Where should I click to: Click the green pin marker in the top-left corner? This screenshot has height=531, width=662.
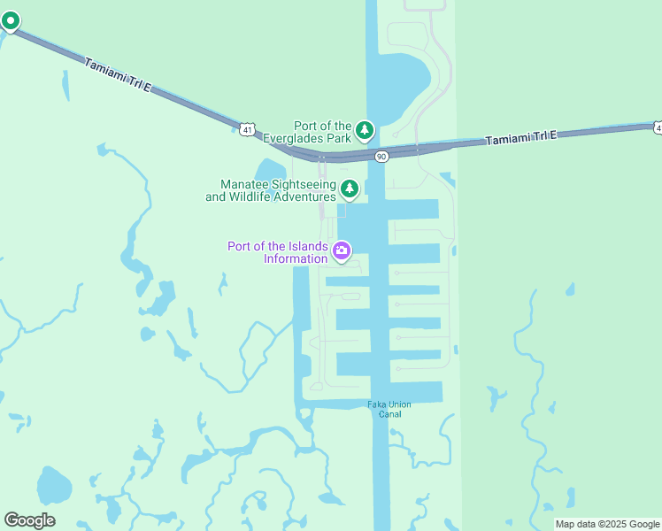pyautogui.click(x=10, y=21)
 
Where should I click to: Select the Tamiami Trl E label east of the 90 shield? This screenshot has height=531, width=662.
pyautogui.click(x=520, y=137)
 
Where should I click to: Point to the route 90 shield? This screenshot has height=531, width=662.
pyautogui.click(x=381, y=157)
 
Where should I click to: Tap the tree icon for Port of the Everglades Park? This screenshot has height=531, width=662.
pyautogui.click(x=365, y=132)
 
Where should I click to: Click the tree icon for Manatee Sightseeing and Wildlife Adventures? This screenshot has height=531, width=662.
pyautogui.click(x=350, y=189)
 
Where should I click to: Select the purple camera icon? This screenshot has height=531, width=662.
pyautogui.click(x=341, y=252)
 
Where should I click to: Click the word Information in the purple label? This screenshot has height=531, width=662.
pyautogui.click(x=296, y=258)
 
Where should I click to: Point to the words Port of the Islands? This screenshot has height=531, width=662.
pyautogui.click(x=278, y=246)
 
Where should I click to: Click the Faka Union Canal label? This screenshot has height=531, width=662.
pyautogui.click(x=385, y=410)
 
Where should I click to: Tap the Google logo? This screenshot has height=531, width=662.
pyautogui.click(x=29, y=520)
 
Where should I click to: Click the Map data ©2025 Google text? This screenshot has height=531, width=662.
pyautogui.click(x=608, y=524)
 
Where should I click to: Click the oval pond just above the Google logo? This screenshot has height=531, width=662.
pyautogui.click(x=53, y=486)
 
